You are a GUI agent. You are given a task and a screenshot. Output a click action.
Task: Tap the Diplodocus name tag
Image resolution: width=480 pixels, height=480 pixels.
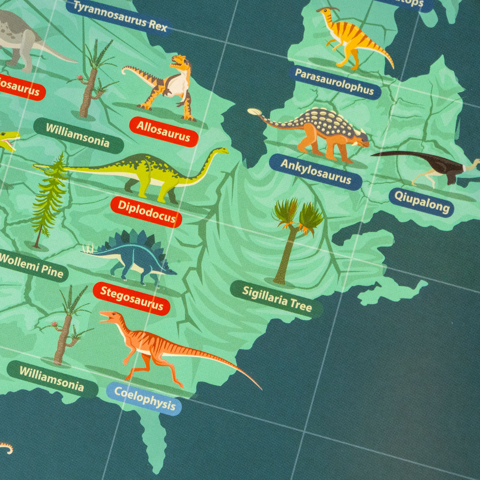coord(146,212)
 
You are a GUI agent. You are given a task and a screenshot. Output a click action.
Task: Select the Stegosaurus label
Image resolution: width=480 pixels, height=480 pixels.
coord(131,298)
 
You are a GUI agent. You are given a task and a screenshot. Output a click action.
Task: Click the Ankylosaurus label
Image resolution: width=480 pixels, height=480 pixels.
coord(315,172)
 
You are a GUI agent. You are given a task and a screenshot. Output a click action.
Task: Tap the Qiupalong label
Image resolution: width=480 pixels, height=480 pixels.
coord(421,202)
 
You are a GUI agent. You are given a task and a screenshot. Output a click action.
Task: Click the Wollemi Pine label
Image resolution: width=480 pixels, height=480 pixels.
coord(32,265)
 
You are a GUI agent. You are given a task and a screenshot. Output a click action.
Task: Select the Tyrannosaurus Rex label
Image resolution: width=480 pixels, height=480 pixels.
coord(120,17)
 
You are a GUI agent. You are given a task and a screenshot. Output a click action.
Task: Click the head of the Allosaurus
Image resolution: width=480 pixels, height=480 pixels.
coord(180,62)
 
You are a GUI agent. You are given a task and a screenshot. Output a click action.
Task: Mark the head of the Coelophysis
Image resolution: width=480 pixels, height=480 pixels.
coord(109,316)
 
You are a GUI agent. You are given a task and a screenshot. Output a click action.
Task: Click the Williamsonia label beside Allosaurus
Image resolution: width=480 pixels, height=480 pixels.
coord(78,135)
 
